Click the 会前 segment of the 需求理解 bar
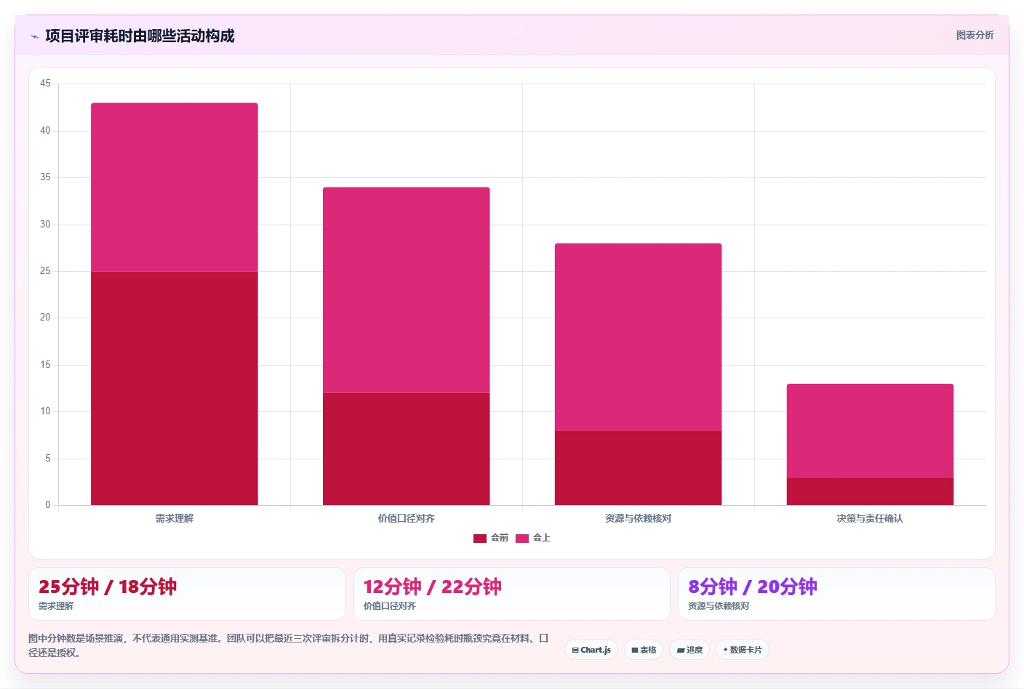point(174,388)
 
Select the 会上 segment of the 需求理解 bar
point(174,188)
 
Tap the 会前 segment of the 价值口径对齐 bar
point(406,449)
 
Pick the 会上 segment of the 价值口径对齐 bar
point(406,290)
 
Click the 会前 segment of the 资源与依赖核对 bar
point(638,468)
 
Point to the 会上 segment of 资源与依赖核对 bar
point(638,337)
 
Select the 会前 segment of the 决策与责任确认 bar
point(870,491)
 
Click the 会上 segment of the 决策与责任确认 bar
point(870,430)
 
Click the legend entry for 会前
point(490,538)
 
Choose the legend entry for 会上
point(533,538)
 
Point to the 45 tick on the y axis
point(45,83)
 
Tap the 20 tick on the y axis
point(45,317)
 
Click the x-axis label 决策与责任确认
point(870,518)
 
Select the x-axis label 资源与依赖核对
point(638,518)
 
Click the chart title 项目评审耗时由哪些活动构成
point(140,36)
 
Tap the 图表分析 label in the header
point(975,35)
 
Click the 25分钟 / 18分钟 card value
point(108,587)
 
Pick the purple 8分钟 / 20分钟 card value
point(753,587)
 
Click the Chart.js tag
point(591,650)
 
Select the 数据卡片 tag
point(743,650)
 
